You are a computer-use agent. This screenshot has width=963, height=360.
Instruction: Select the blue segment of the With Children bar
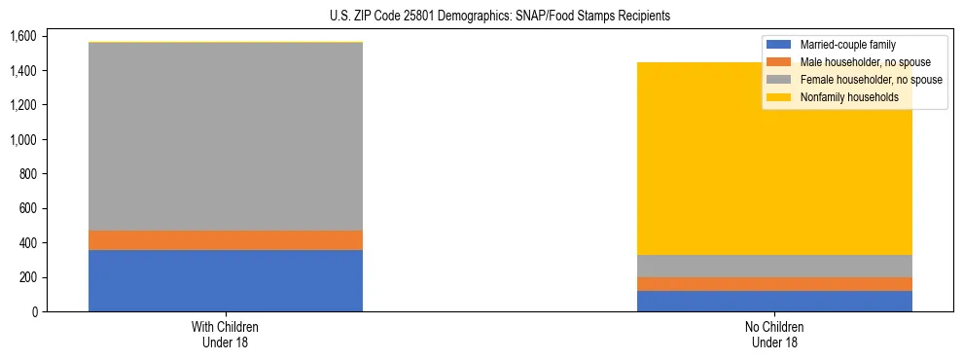click(226, 280)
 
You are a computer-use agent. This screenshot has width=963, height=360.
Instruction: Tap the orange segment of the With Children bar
click(226, 240)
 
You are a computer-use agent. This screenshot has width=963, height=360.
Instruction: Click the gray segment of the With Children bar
click(226, 136)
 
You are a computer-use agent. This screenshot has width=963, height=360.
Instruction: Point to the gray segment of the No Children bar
click(774, 266)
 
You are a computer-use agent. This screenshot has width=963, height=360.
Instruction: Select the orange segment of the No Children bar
click(774, 284)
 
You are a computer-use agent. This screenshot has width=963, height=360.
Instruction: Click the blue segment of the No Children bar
click(774, 301)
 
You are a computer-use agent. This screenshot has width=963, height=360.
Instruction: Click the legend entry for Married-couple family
click(847, 45)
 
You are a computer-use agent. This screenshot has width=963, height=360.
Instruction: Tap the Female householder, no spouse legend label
click(870, 80)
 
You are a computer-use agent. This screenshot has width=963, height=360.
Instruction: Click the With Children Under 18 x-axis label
click(226, 335)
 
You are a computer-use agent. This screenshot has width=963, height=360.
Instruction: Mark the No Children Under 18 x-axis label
click(774, 335)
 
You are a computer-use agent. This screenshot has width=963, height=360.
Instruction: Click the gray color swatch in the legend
click(779, 80)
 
